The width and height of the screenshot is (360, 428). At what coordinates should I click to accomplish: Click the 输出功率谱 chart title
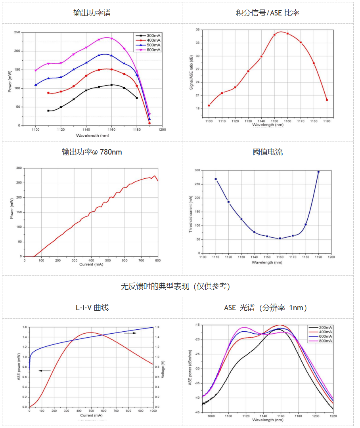click(x=92, y=13)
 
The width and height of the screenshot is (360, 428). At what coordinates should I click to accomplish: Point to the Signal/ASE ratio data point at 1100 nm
click(x=209, y=105)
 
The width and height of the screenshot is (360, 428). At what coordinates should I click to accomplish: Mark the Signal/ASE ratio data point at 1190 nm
click(x=327, y=100)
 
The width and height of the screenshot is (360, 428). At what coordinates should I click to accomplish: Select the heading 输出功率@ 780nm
click(x=92, y=152)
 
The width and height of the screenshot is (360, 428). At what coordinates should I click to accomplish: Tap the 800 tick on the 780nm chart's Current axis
click(x=158, y=260)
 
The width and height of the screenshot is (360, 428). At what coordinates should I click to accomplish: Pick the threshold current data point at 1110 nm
click(x=216, y=179)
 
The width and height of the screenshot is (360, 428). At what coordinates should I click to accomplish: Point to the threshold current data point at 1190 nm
click(x=318, y=172)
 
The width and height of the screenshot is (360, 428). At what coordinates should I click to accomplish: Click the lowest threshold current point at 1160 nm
click(x=280, y=238)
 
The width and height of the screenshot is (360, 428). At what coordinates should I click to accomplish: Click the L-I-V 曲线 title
click(x=92, y=308)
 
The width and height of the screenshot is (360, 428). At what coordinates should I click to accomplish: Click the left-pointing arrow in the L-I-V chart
click(x=44, y=371)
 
